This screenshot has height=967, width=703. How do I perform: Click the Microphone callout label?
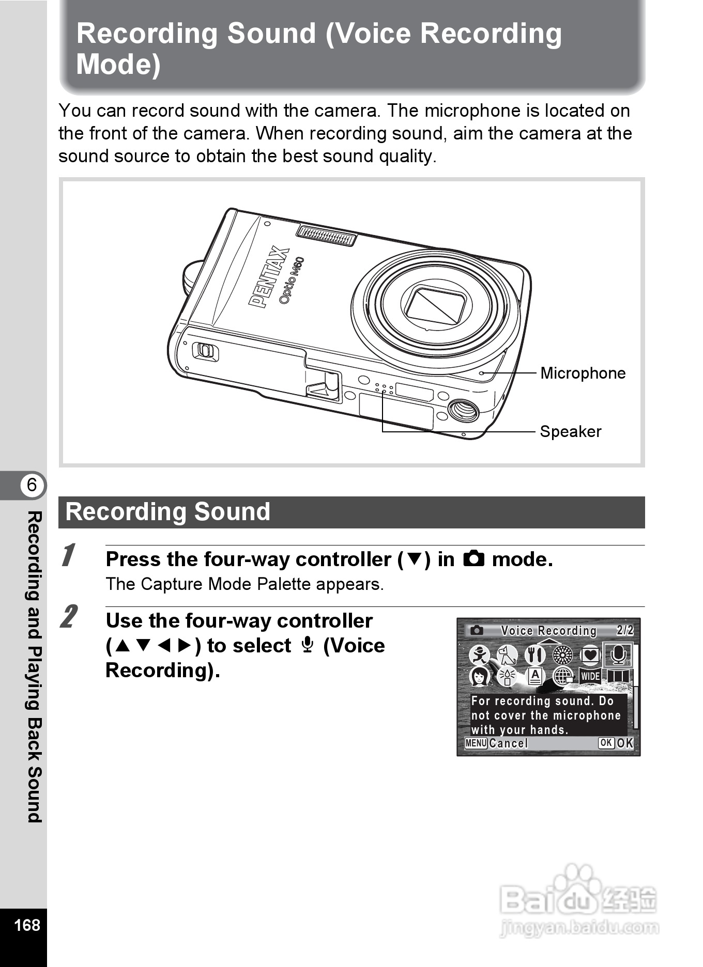coord(583,373)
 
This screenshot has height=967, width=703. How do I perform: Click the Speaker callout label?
coord(570,431)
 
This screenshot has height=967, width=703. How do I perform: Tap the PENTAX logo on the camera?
coord(269,277)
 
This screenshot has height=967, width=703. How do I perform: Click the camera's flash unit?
coord(327,236)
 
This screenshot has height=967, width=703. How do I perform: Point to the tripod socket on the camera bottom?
coord(463,410)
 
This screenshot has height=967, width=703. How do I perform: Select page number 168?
coord(27,925)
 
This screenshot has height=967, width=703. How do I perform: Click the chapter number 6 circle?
coord(32,485)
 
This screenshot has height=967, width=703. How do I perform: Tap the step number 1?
coord(68,556)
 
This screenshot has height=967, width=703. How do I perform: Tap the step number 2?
coord(69,617)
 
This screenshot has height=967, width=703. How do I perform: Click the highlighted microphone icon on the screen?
coord(618,655)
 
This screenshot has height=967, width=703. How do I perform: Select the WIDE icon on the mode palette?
coord(590,676)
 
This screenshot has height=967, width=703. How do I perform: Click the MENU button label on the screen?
coord(476,743)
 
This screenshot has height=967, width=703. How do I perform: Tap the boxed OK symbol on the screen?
coord(606,743)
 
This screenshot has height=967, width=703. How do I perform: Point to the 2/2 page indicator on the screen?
coord(624,630)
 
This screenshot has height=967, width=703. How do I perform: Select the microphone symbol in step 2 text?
coord(307,646)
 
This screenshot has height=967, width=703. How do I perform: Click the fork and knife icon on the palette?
coord(534,655)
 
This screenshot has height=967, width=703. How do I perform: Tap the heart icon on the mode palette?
coord(590,655)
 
